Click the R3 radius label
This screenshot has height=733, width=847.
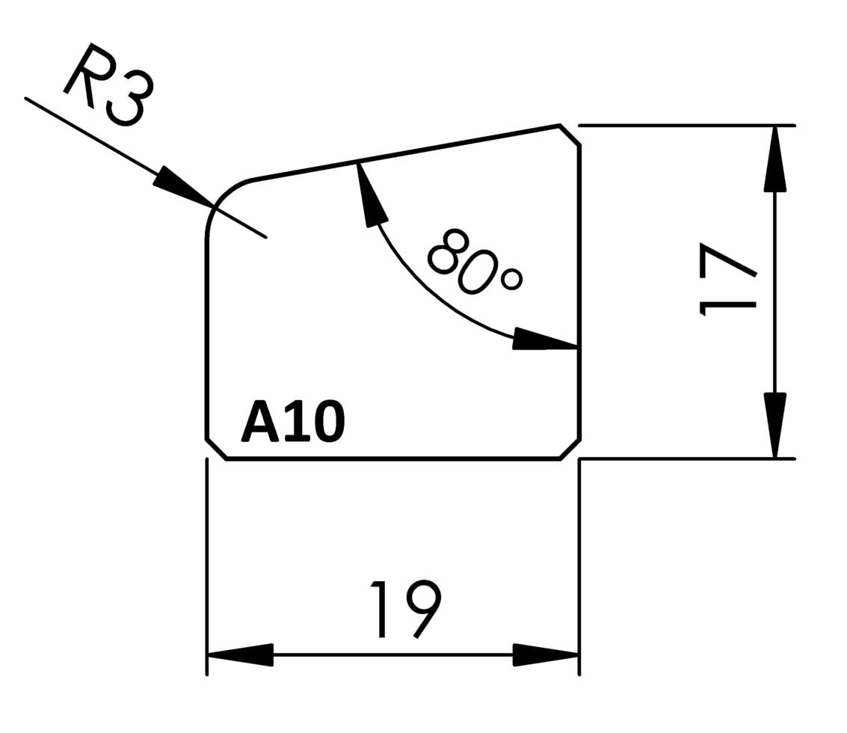coord(108,85)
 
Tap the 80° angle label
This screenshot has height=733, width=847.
coord(474,262)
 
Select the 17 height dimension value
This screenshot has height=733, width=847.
coord(727,279)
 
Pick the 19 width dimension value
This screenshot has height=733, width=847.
coord(406,609)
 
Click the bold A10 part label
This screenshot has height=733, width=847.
coord(292,422)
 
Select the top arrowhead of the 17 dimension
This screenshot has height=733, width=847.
coord(775,159)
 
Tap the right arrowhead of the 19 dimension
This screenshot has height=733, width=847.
coord(546,655)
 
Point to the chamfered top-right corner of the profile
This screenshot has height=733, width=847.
coord(570,135)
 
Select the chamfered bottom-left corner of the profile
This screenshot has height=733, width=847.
coord(216,449)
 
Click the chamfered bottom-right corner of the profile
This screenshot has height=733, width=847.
coord(570,449)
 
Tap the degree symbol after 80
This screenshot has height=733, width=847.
coord(511,280)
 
